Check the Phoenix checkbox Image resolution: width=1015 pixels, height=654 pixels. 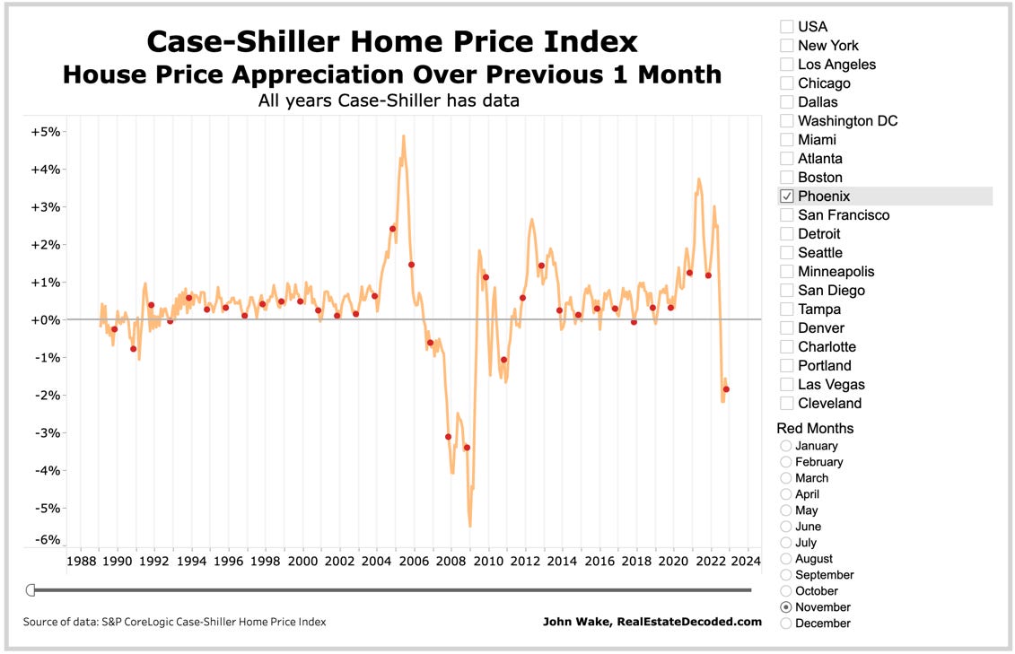[787, 196]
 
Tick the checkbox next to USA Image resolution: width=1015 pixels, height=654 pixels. [787, 27]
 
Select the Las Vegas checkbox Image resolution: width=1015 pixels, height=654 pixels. [787, 385]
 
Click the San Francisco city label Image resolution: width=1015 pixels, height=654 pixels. [844, 215]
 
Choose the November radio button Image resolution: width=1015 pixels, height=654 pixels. [786, 607]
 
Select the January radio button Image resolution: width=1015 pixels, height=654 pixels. [786, 446]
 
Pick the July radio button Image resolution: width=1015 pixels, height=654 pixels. [786, 543]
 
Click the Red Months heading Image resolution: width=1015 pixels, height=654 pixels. [815, 429]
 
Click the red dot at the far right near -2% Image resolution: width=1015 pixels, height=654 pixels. [726, 389]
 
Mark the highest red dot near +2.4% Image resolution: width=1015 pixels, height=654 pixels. [392, 229]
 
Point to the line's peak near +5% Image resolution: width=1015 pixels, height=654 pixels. [404, 136]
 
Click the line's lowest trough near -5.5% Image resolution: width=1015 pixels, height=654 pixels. [469, 526]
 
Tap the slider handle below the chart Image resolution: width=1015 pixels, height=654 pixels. [30, 589]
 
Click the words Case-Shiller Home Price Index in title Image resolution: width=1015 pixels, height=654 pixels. [391, 41]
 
